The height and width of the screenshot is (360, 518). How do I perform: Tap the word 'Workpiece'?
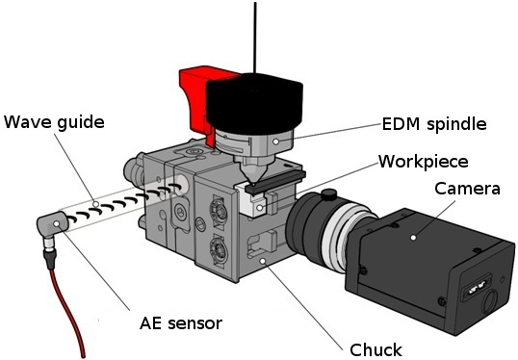[424, 161]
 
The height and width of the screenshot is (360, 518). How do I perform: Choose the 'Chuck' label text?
[376, 349]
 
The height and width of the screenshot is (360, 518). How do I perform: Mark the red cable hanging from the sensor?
[67, 308]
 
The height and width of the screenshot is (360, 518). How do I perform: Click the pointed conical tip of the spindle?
[251, 179]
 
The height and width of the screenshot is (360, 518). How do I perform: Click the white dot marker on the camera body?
[411, 234]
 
